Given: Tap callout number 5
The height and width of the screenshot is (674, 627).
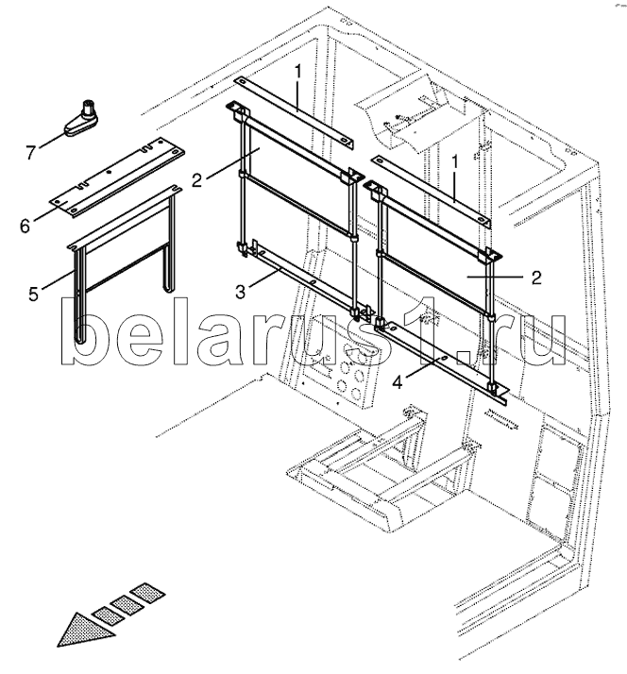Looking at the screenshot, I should click(35, 295).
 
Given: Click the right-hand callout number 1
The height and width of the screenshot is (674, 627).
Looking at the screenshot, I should click(454, 162).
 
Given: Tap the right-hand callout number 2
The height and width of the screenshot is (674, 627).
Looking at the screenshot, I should click(535, 277).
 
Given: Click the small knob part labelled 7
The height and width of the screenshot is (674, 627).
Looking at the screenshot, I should click(85, 118).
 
